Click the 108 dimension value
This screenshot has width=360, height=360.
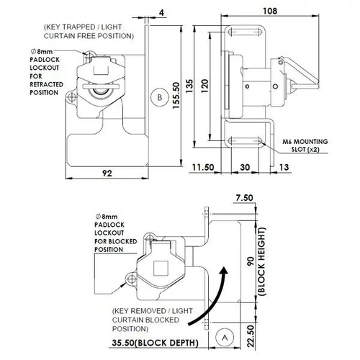(x=270, y=11)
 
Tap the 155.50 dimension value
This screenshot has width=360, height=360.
(x=176, y=95)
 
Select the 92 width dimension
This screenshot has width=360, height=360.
(x=107, y=173)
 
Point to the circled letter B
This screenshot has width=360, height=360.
(x=160, y=97)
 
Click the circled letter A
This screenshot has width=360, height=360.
(x=225, y=338)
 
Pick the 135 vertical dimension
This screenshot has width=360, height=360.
(x=189, y=86)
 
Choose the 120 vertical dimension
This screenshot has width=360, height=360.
(x=204, y=86)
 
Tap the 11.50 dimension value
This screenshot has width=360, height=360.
(x=203, y=167)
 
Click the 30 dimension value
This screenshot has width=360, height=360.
(x=245, y=167)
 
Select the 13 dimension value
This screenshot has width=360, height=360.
(x=284, y=167)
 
